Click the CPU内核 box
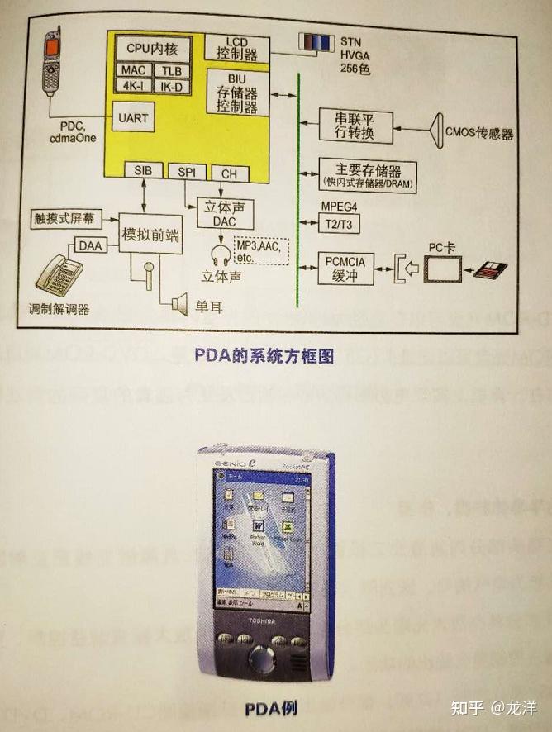point(154,46)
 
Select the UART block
point(134,117)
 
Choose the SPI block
point(187,172)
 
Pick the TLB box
point(173,71)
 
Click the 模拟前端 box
point(150,234)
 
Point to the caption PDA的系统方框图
point(265,356)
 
